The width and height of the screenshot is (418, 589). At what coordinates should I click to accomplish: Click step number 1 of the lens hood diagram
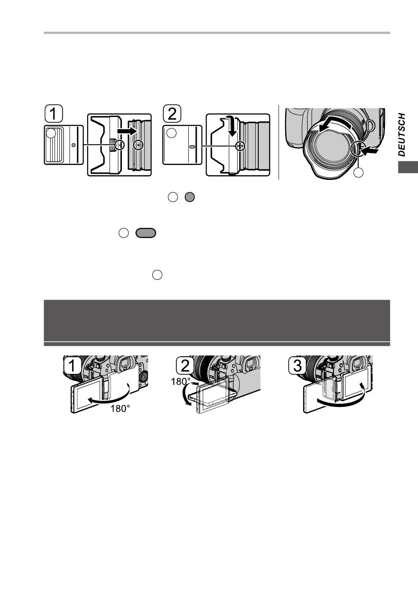click(54, 113)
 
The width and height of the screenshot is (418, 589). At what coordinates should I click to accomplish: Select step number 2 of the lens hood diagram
click(172, 113)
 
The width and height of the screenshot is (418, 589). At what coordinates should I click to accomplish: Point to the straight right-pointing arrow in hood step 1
click(127, 131)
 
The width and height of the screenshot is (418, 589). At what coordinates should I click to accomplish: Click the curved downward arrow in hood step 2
click(231, 125)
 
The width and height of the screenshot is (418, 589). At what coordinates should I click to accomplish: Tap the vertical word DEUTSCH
click(402, 135)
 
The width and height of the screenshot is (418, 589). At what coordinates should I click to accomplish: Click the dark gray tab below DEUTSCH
click(408, 167)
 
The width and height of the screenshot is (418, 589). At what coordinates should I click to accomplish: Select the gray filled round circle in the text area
click(190, 197)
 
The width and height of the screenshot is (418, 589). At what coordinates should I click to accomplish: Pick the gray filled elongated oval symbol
click(146, 233)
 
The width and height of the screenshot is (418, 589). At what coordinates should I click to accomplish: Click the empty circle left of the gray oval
click(124, 233)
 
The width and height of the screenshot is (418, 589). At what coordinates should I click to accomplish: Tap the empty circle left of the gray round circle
click(172, 197)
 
